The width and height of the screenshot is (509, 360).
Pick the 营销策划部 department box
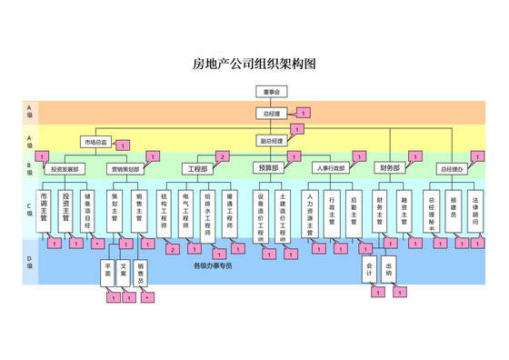coord(125,169)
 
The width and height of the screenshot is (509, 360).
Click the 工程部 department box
coord(197,169)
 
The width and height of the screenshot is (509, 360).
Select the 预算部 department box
coord(268,169)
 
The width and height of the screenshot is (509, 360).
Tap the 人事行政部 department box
coord(329,169)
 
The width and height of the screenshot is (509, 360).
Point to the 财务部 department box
coord(390,169)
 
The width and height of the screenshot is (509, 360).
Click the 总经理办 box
coord(452,169)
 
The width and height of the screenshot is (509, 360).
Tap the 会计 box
coord(370,270)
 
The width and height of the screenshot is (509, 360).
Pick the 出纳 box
coord(389,270)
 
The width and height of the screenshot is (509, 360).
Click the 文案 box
coord(123,272)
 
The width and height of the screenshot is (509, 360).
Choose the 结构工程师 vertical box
coord(164,215)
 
